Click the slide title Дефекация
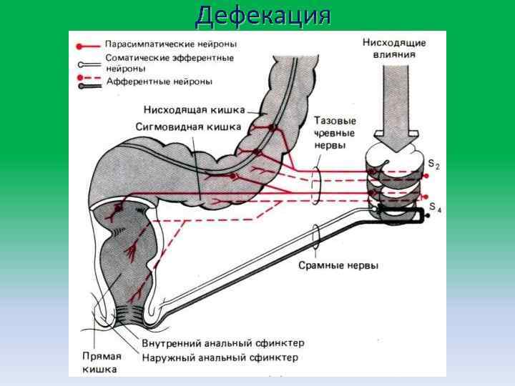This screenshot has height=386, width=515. click(263, 15)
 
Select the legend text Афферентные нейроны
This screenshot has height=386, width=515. click(159, 81)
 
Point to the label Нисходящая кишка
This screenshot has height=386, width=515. click(194, 110)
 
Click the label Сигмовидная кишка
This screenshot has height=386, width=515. click(189, 126)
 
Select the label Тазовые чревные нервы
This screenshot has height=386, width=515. click(335, 133)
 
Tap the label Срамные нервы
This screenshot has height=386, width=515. click(338, 266)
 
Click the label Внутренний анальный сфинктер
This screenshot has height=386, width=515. click(223, 343)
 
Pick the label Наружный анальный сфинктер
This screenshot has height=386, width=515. click(220, 357)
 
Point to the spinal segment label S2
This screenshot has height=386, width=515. click(433, 165)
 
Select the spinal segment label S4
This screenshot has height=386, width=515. click(435, 209)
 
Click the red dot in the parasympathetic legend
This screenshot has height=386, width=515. click(79, 44)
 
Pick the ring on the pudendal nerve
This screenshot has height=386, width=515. click(315, 233)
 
